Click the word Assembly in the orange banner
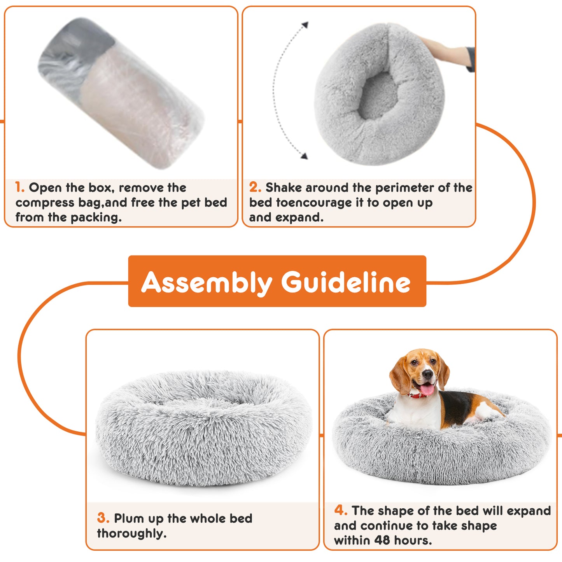point(206,282)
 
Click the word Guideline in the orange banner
point(345,282)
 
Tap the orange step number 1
point(20,187)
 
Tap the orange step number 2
point(255,187)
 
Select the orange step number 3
point(103,518)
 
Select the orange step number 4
point(340,510)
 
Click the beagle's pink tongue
point(427,389)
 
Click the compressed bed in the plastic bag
point(121,93)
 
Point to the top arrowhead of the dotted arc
point(305,25)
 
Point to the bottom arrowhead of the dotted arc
point(304,156)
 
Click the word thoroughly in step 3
point(131,533)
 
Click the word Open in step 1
point(45,188)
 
